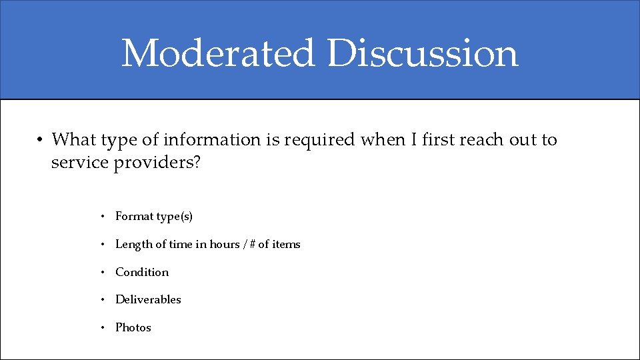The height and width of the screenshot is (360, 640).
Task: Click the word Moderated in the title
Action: click(217, 53)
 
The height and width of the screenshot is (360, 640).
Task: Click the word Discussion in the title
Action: click(423, 53)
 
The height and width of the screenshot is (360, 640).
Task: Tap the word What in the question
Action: click(74, 140)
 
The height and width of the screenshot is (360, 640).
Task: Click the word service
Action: click(80, 163)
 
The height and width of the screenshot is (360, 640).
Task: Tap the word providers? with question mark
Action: click(157, 163)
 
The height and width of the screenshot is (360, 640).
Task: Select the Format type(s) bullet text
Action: click(154, 217)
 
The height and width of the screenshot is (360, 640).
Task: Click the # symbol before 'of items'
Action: click(251, 245)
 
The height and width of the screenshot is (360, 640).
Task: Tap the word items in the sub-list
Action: click(286, 245)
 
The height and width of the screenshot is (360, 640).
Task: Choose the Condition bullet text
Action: click(142, 272)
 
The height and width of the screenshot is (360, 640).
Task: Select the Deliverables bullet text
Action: click(148, 300)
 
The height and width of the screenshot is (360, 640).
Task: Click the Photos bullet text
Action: click(133, 328)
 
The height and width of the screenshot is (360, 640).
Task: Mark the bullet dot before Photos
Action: click(103, 328)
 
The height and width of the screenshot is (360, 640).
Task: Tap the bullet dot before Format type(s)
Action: click(103, 217)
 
